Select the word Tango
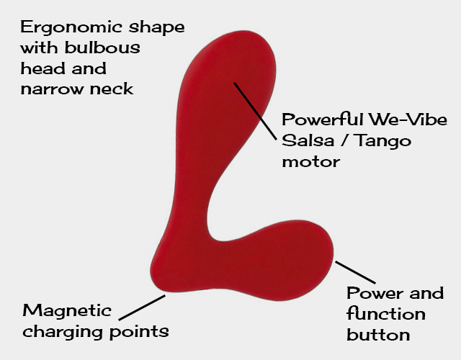(x=377, y=140)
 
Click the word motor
(x=310, y=161)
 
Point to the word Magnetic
(x=67, y=310)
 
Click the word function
(x=385, y=314)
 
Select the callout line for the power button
(x=355, y=272)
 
